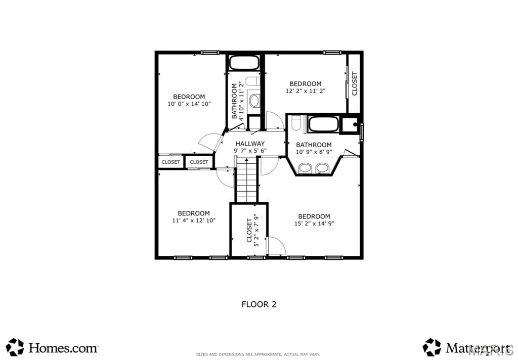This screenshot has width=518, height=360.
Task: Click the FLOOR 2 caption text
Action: [258, 304]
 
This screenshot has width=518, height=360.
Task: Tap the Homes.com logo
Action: [52, 347]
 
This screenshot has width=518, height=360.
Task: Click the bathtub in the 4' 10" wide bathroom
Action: [245, 63]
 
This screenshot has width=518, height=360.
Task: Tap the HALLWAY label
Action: [250, 144]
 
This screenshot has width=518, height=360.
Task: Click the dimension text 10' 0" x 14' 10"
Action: [189, 104]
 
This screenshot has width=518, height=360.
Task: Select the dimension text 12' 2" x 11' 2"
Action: [305, 91]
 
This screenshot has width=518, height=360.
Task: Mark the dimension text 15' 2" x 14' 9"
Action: [314, 223]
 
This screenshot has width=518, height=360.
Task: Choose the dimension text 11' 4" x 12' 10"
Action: [193, 220]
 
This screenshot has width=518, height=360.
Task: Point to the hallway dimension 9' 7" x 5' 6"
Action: [250, 151]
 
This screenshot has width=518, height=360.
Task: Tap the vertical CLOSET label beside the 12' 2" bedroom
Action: [354, 83]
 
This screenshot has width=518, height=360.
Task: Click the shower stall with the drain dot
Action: [351, 124]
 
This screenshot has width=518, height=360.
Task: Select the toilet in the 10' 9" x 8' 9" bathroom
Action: [297, 124]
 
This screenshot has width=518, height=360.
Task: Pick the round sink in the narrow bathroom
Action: [254, 100]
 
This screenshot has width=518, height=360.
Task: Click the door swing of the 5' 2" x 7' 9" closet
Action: [276, 245]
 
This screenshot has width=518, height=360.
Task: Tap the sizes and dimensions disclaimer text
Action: [258, 354]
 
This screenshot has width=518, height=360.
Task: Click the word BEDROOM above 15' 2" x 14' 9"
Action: [314, 216]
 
